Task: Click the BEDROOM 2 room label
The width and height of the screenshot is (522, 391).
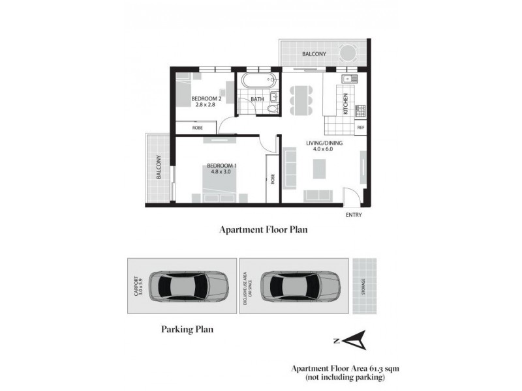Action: coord(206,99)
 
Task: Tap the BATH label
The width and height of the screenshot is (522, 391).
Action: coord(257,99)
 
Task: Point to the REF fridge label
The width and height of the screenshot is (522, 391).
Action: coord(360,128)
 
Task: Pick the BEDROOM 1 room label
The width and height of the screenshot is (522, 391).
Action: coord(222,166)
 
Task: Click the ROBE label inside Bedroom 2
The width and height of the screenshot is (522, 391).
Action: coord(197,128)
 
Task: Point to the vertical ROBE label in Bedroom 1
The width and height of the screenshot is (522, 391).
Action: coord(272,177)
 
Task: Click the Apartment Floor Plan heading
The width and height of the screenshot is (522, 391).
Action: coord(263,229)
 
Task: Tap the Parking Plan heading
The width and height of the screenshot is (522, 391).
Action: coord(187,330)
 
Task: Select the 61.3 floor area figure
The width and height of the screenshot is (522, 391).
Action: coord(370,368)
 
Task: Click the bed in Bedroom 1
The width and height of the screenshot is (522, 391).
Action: coord(219,186)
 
